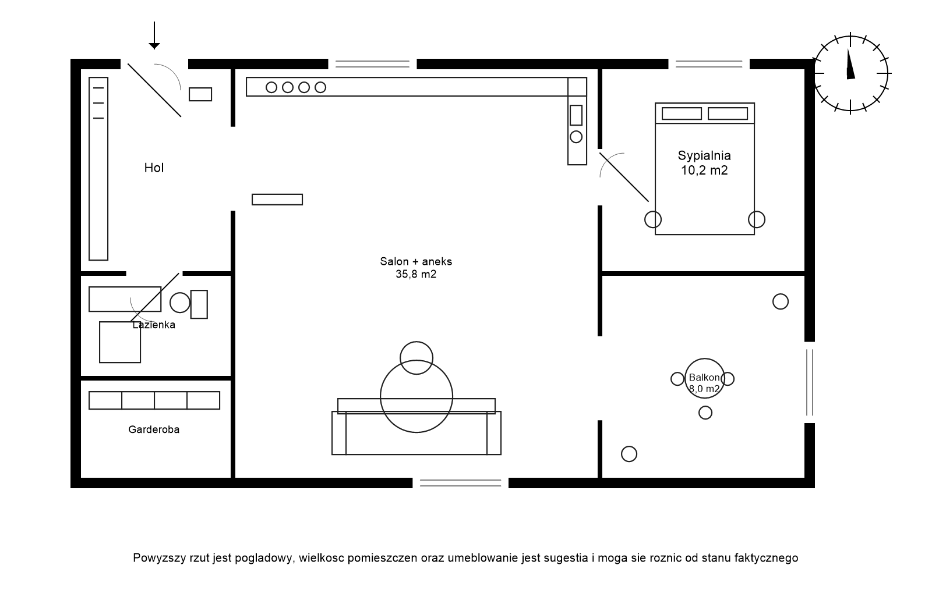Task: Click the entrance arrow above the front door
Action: pyautogui.click(x=154, y=35)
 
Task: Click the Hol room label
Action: pyautogui.click(x=154, y=168)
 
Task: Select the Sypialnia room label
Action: pyautogui.click(x=704, y=156)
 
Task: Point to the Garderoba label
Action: pyautogui.click(x=154, y=429)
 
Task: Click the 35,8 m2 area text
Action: pyautogui.click(x=416, y=274)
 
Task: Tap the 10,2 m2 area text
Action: pyautogui.click(x=704, y=170)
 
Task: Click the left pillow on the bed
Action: pyautogui.click(x=682, y=113)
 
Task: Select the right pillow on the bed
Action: pyautogui.click(x=728, y=113)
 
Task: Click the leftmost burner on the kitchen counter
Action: pyautogui.click(x=271, y=87)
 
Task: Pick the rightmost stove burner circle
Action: pyautogui.click(x=320, y=87)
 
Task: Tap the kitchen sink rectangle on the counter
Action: pyautogui.click(x=576, y=115)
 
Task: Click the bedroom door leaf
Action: pyautogui.click(x=624, y=177)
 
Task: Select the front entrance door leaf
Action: pyautogui.click(x=154, y=90)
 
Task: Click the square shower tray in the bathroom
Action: pyautogui.click(x=120, y=342)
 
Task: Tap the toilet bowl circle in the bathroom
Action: pyautogui.click(x=180, y=303)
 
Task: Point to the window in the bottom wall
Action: pyautogui.click(x=461, y=483)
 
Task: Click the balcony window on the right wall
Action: pyautogui.click(x=810, y=382)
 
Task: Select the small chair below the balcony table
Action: pyautogui.click(x=705, y=413)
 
